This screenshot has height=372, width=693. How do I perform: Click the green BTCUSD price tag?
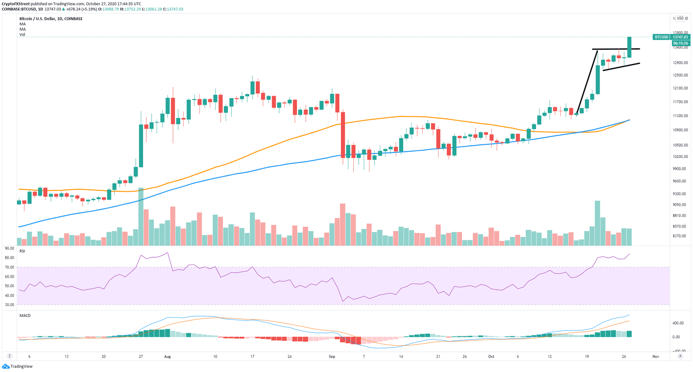(661, 37)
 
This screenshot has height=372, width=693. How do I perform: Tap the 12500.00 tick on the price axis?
(680, 75)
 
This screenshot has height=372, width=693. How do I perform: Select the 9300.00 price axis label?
(680, 194)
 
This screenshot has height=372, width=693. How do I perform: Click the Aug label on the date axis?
(167, 357)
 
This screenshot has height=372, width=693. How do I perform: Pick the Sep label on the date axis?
(332, 357)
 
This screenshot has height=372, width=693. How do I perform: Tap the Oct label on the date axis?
(491, 357)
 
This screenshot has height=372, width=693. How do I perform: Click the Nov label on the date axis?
(656, 357)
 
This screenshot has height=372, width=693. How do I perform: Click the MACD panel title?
(25, 316)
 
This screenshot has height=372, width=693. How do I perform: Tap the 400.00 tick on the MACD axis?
(678, 323)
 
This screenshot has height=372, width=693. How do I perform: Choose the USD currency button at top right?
(680, 18)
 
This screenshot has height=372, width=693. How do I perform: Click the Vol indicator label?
(22, 35)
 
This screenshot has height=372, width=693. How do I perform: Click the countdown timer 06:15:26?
(680, 43)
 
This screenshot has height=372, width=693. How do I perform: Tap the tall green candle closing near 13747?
(629, 47)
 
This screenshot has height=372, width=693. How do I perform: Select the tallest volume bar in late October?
(597, 223)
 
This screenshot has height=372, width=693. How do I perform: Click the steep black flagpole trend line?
(587, 81)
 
